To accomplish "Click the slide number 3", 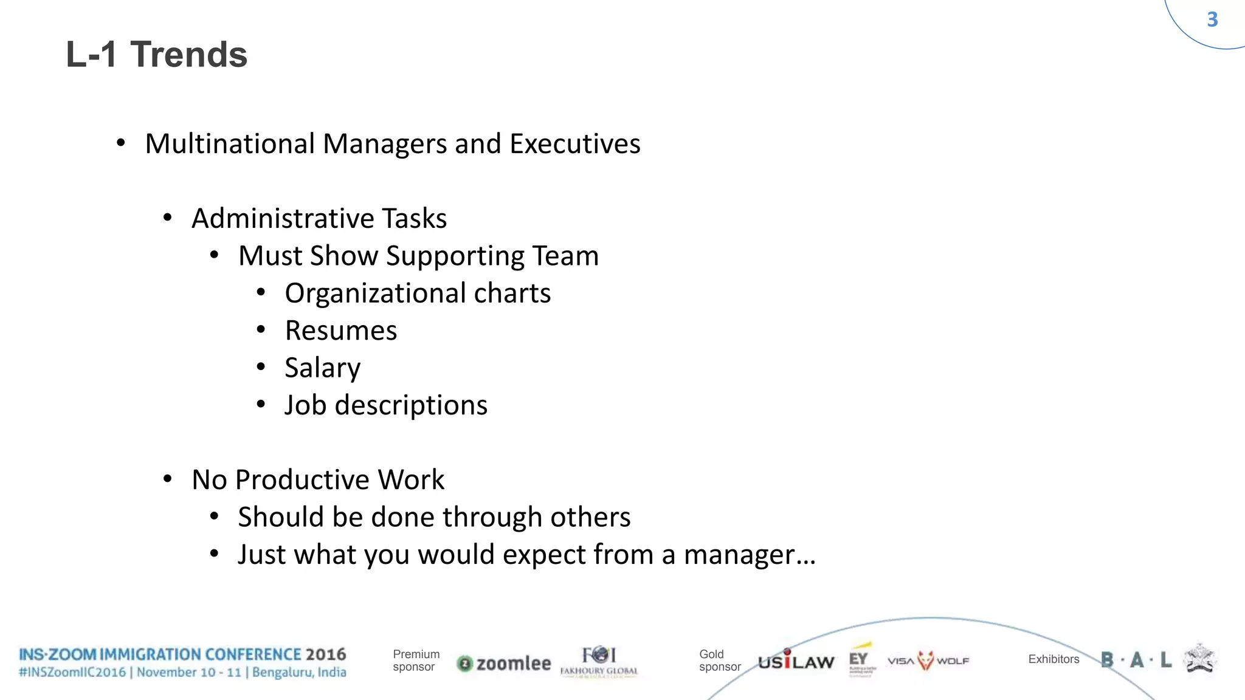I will pos(1212,19).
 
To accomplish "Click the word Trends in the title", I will pos(188,55).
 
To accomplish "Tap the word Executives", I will pos(574,144).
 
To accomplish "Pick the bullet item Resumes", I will pos(340,331).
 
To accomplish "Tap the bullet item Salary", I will pos(322,368).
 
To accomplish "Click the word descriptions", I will pos(411,405).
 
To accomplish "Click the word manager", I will pos(739,555).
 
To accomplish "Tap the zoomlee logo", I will pos(504,664).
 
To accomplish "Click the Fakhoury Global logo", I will pos(599,661).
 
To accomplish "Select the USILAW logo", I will pos(796,661).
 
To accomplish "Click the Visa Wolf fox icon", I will pos(925,661).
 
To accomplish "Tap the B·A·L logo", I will pos(1136,660).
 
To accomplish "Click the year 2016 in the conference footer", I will pos(325,654).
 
